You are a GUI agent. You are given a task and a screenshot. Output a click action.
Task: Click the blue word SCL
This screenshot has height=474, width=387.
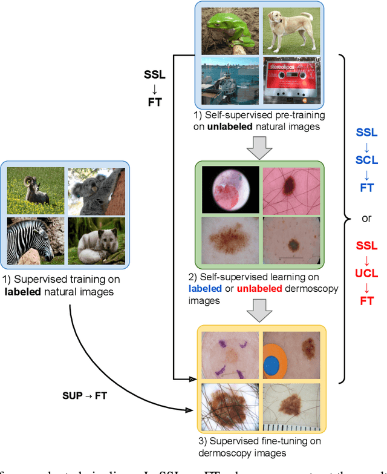click(367, 160)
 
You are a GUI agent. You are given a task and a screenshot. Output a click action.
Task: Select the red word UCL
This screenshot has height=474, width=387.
click(367, 272)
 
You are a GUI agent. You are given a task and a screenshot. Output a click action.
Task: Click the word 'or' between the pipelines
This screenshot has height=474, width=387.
click(366, 217)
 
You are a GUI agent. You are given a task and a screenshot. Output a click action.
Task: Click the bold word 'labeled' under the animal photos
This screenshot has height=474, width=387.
click(22, 291)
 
